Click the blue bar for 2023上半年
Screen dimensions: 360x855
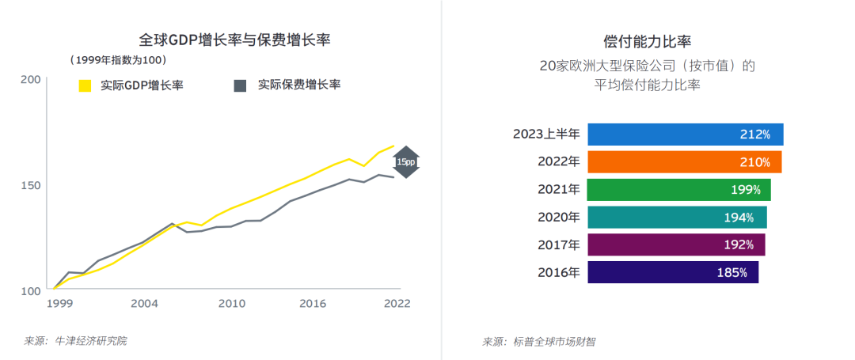(x=685, y=135)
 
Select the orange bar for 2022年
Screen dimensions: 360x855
(x=684, y=162)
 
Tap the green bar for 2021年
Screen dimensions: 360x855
(x=678, y=190)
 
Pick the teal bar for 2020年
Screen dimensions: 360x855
(x=677, y=217)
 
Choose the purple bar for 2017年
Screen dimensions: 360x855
(x=676, y=244)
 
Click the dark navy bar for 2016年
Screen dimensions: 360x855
(x=673, y=272)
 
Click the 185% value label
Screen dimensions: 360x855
(x=732, y=272)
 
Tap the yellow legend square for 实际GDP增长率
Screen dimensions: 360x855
(x=85, y=85)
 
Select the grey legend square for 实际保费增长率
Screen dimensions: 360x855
(x=241, y=85)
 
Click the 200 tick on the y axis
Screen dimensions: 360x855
(x=30, y=79)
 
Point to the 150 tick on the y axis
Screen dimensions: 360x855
(x=30, y=185)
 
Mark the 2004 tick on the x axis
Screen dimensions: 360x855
(x=143, y=303)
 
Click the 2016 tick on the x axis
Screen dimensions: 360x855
(x=313, y=303)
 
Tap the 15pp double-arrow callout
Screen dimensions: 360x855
(x=405, y=161)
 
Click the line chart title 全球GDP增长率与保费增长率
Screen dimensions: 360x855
(x=234, y=40)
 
